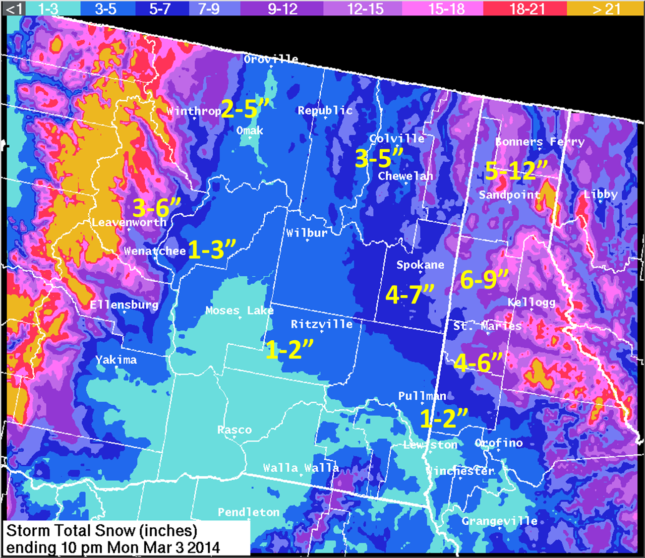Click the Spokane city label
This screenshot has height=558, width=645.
click(x=420, y=265)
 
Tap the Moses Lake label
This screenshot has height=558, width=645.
click(x=239, y=310)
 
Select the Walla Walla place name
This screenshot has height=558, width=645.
click(x=301, y=468)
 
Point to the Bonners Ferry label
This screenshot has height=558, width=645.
click(x=540, y=142)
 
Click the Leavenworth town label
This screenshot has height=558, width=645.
click(x=129, y=222)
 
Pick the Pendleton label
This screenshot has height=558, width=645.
click(x=249, y=512)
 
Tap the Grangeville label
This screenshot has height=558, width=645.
click(x=499, y=521)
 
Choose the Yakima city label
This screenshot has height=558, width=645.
click(x=116, y=360)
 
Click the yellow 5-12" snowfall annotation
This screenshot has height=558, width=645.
click(x=516, y=171)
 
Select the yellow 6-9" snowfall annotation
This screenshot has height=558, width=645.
click(x=484, y=280)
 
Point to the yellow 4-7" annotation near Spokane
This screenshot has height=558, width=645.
click(x=410, y=295)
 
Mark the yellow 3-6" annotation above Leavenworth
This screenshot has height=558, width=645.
click(x=157, y=208)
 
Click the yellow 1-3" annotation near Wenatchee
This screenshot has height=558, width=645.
click(x=212, y=249)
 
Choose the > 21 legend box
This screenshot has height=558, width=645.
click(x=605, y=8)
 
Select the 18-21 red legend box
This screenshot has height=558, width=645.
click(x=527, y=8)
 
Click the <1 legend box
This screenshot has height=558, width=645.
click(x=13, y=8)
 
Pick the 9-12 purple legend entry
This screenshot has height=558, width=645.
click(x=282, y=8)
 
